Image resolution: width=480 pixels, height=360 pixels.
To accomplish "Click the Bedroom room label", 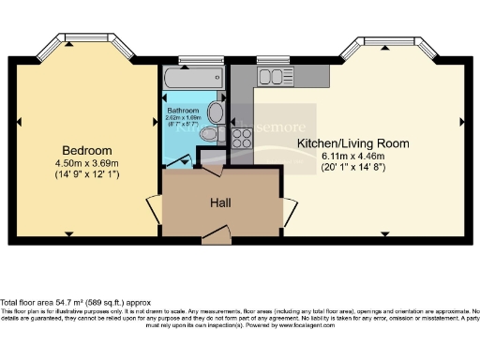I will tap(87, 150).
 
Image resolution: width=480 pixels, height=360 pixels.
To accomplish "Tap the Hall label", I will tap(221, 202).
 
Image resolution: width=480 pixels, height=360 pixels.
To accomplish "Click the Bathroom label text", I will tap(183, 111).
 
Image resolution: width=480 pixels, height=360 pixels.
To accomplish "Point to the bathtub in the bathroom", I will tap(193, 80).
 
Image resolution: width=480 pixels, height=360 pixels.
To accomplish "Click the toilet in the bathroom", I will tap(208, 135).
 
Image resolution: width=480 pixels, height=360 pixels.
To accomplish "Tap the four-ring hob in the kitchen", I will tap(242, 137).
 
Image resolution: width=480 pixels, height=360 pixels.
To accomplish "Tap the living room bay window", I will tap(392, 45).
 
